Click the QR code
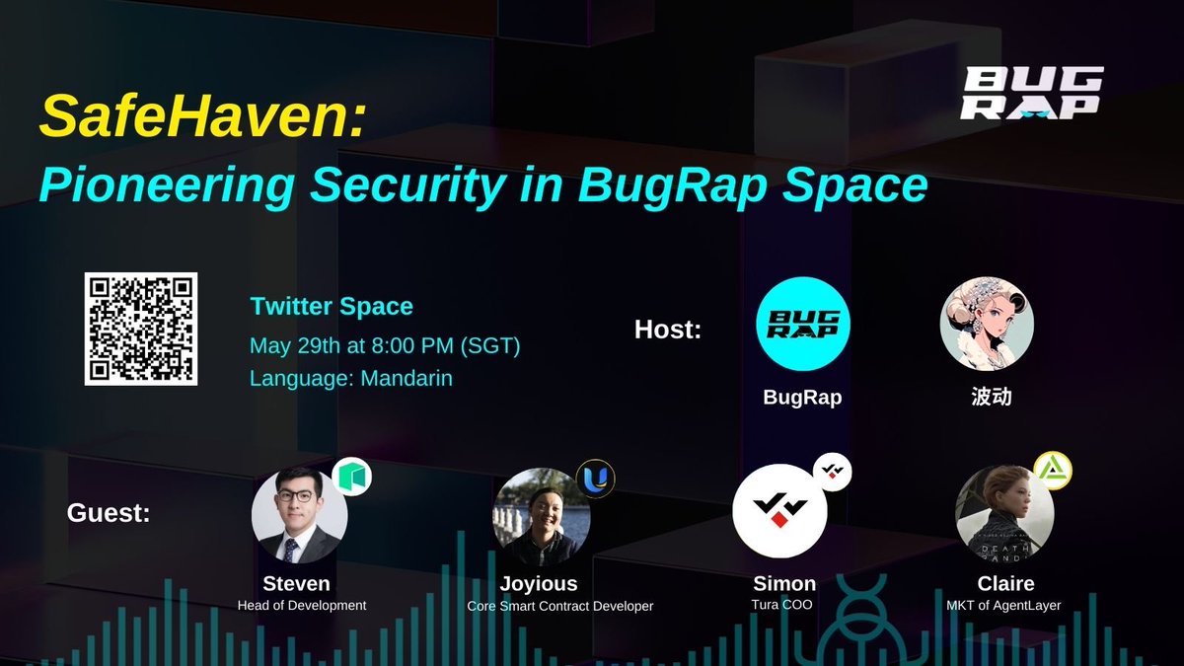pos(140,329)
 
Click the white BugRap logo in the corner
pos(1031,93)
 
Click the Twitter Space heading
pos(332,306)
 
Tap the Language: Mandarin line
pos(351,378)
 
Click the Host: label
pos(668,330)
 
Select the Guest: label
pos(109,513)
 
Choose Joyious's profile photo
pos(541,516)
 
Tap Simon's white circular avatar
pos(779,511)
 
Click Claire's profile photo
pos(1004,514)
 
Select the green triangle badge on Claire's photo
pos(1052,469)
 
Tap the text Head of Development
pos(302,605)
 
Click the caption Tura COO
pos(781,605)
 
